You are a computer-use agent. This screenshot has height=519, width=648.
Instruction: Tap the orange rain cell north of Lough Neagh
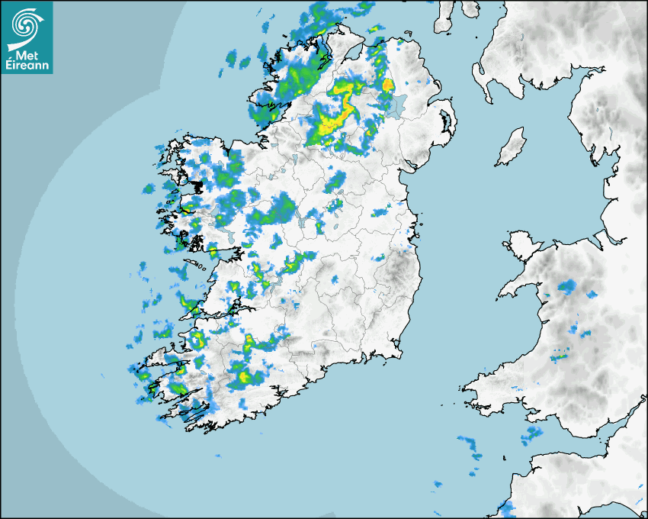click(387, 85)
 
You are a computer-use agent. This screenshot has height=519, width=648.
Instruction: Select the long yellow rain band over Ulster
click(339, 114)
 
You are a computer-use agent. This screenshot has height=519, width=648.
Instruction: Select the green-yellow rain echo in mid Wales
click(560, 356)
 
